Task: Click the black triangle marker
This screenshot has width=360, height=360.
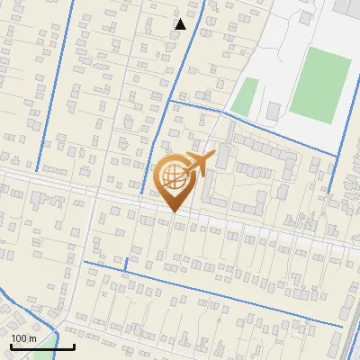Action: pos(181,24)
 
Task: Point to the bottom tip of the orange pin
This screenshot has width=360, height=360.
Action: pos(174,212)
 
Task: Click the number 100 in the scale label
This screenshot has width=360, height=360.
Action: pos(20,337)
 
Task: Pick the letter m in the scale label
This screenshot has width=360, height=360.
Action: pos(33,337)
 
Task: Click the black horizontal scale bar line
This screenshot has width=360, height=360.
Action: pos(42,346)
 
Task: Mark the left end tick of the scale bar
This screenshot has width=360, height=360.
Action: pos(11,344)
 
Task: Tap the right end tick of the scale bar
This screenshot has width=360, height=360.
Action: pos(74,344)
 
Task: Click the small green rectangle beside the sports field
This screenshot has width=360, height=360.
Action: pos(245,96)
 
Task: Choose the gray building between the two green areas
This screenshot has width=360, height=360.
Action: pos(274,112)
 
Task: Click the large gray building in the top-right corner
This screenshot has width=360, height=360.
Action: pos(349,7)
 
